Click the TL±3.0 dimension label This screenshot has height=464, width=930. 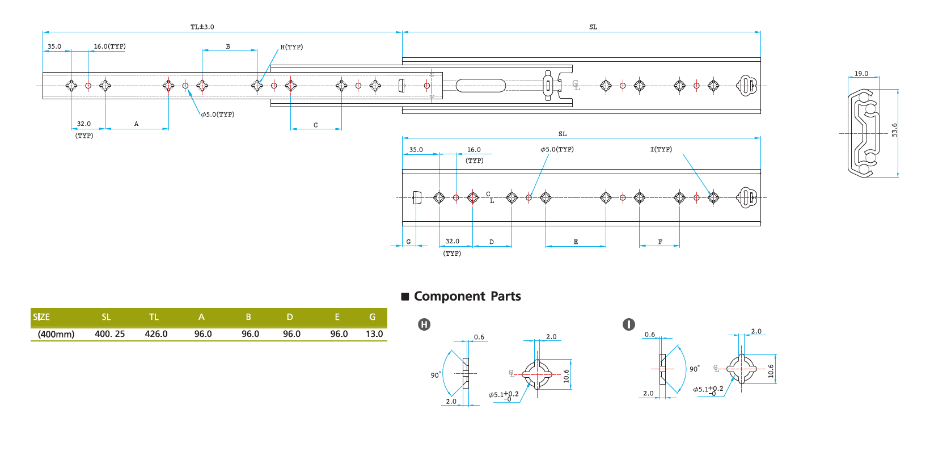coord(202,27)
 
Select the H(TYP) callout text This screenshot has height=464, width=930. coord(291,47)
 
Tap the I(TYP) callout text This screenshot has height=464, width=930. coord(661,149)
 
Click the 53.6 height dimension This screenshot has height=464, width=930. coord(894,130)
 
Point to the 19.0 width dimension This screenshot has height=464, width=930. coord(861,74)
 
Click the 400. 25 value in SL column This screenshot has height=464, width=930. coord(109,334)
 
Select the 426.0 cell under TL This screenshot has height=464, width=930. coord(156,334)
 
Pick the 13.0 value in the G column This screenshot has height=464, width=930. coord(374,334)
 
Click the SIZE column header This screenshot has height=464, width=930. coord(41,317)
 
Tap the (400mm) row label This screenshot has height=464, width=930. coord(56,334)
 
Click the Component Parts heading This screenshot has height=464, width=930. coord(467,296)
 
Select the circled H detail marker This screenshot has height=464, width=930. coord(424,324)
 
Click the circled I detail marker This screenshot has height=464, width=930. coord(628,324)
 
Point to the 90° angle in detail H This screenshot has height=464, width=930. coord(435,375)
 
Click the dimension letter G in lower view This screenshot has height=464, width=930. coord(408,242)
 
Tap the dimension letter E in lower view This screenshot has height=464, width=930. coord(576,242)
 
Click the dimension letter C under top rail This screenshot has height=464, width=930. coord(315,125)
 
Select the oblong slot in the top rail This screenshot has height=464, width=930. coord(480,86)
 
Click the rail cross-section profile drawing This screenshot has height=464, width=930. coord(863,133)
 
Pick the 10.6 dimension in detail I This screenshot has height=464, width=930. coord(771,371)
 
